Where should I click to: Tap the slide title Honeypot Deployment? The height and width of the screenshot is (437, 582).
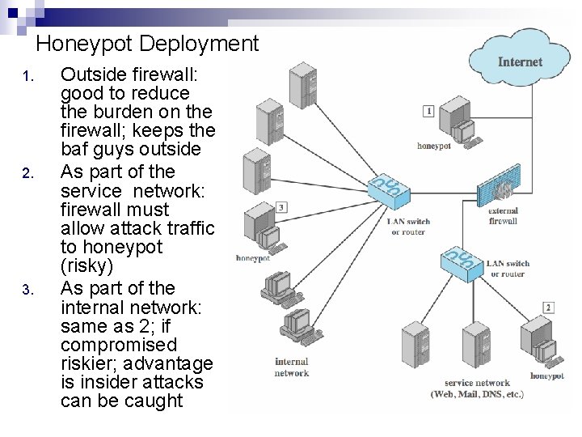147,44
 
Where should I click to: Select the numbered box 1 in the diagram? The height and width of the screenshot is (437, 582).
428,111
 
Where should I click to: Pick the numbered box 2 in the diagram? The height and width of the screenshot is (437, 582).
549,307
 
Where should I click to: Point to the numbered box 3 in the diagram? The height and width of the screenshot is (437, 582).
281,207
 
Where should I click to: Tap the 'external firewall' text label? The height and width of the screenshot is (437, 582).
503,216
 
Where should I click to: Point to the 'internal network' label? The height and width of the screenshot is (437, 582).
291,367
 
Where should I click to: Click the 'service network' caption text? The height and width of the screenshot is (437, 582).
477,383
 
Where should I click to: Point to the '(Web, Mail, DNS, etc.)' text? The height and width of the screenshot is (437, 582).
477,395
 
